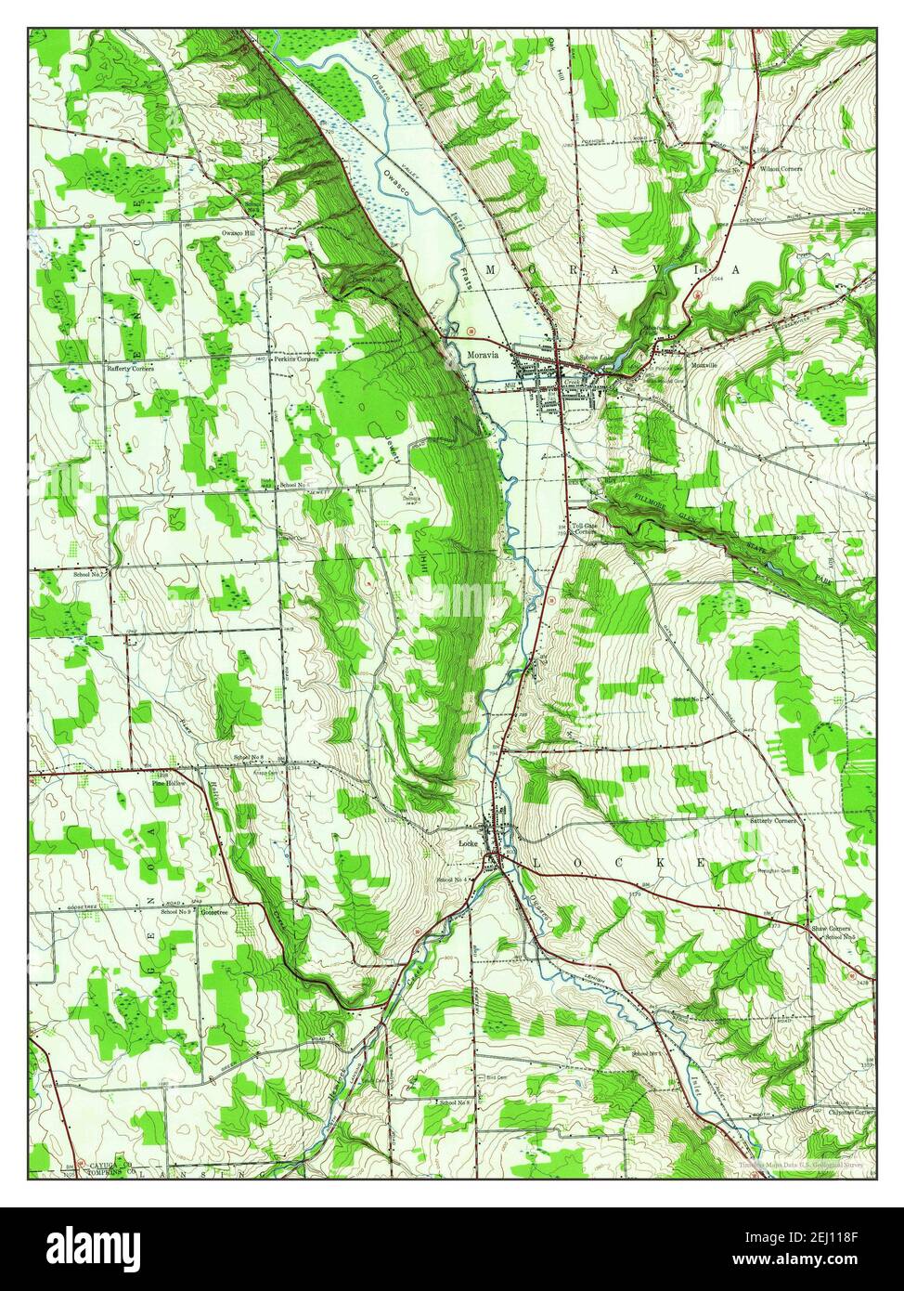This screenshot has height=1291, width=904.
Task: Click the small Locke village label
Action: [467, 842]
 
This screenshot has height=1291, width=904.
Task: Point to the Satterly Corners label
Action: [772, 821]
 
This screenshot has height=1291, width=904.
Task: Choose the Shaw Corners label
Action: [831, 928]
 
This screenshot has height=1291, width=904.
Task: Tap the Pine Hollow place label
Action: [169, 784]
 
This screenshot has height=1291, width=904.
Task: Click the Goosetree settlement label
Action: [213, 911]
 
